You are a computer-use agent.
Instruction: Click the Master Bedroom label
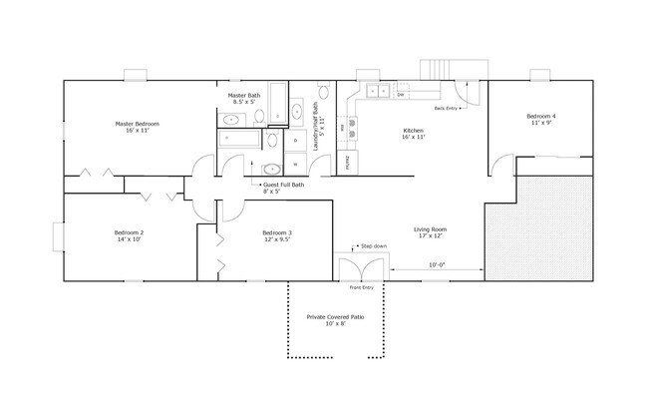pos(137,127)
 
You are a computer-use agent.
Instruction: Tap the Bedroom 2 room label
pos(129,235)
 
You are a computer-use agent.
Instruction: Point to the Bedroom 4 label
pos(540,120)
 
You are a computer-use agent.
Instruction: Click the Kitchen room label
pos(413,134)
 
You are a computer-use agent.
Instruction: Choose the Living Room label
pos(430,232)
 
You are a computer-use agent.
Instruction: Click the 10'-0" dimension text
pos(436,265)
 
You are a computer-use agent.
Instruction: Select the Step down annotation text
pos(373,245)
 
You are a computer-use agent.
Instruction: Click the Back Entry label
pos(446,108)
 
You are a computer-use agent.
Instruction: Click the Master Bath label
pos(243,98)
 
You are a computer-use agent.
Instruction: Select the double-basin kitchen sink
pos(377,91)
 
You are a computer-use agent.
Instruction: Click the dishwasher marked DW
pos(400,95)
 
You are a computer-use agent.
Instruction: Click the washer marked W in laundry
pos(296,163)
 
